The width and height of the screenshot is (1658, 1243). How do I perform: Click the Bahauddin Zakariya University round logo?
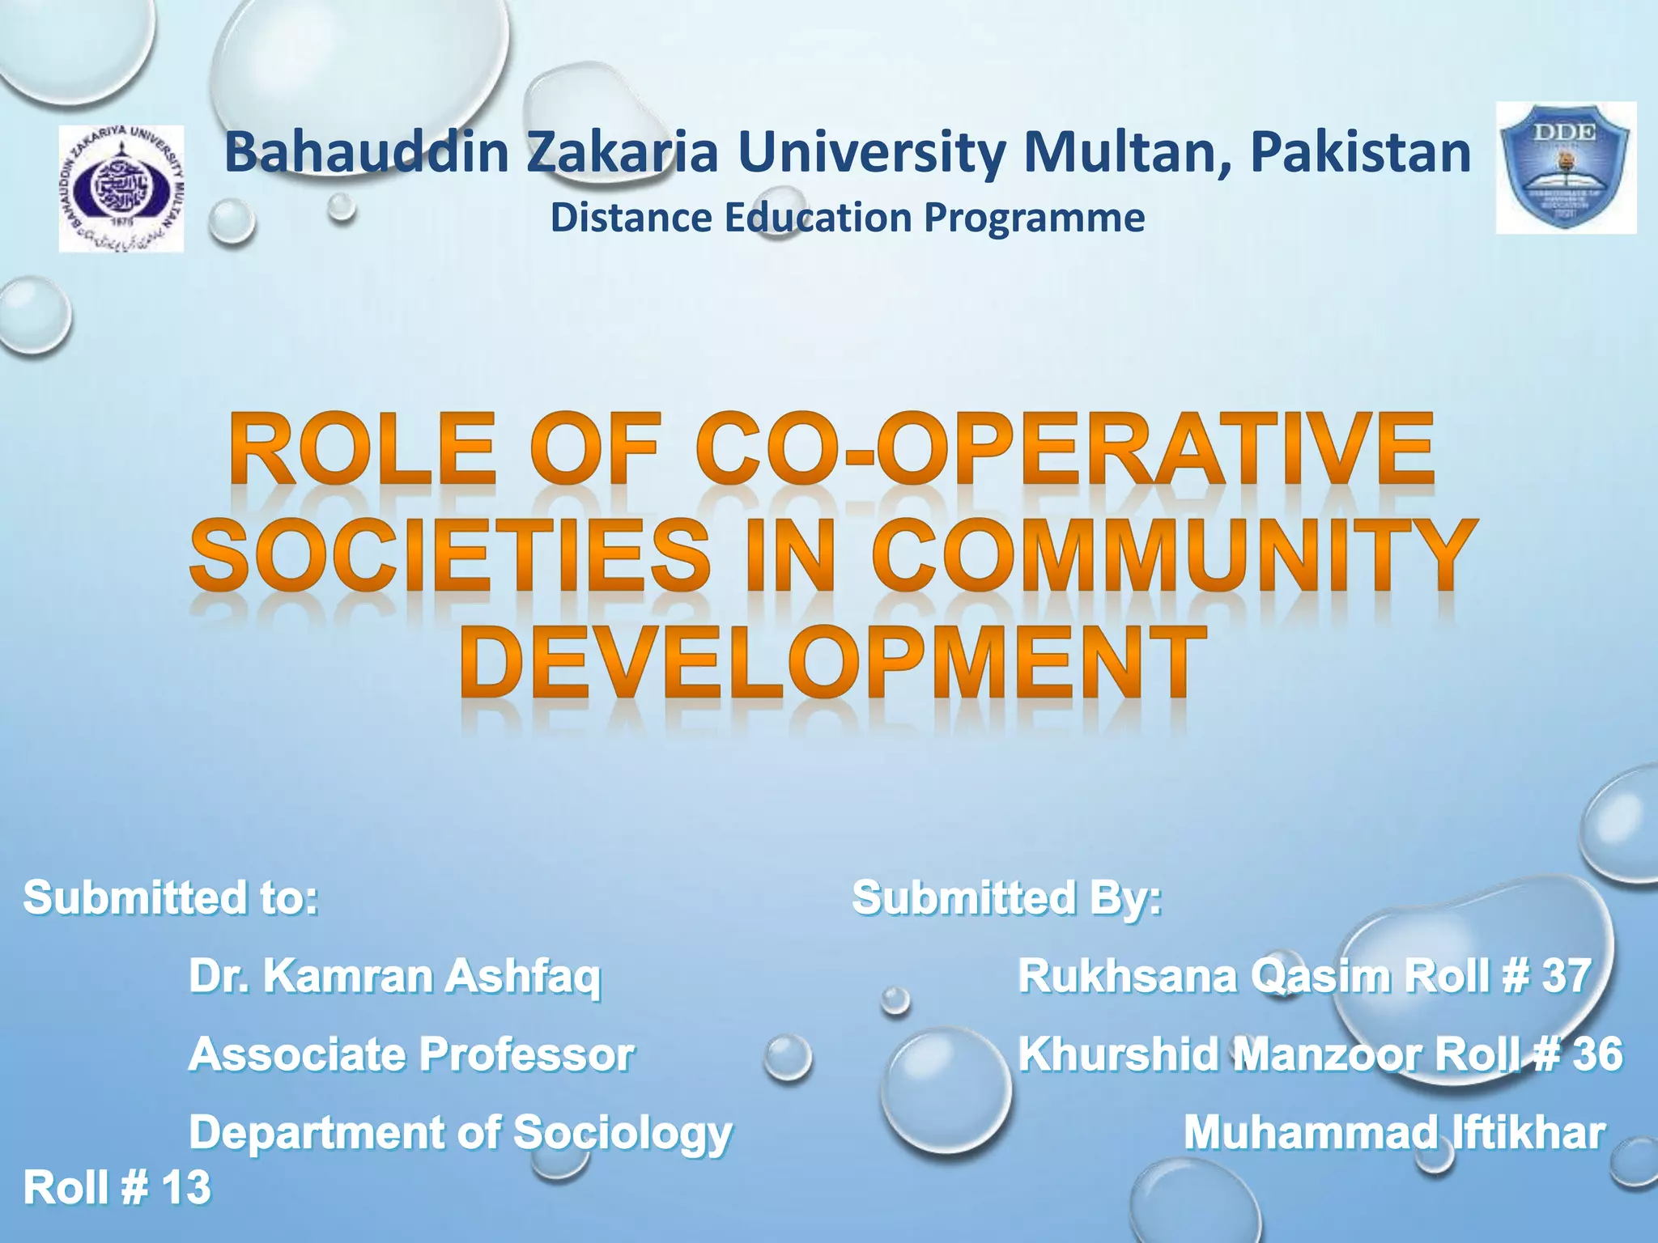121,189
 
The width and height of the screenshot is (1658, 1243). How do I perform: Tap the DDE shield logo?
1566,168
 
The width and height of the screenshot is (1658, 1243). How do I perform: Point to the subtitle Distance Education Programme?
847,218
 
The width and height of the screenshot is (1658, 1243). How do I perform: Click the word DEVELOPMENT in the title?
829,664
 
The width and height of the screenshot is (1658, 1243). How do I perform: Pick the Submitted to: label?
171,897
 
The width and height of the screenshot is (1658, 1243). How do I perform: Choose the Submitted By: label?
1007,897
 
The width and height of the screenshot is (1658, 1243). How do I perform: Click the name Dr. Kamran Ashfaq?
395,976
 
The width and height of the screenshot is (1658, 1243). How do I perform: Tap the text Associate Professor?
411,1054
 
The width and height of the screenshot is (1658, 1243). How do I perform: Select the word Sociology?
623,1133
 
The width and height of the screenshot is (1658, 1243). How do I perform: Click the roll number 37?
1567,976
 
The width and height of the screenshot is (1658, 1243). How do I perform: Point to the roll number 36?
1597,1054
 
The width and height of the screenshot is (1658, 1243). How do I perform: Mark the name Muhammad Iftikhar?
1394,1133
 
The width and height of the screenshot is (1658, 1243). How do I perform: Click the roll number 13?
186,1188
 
